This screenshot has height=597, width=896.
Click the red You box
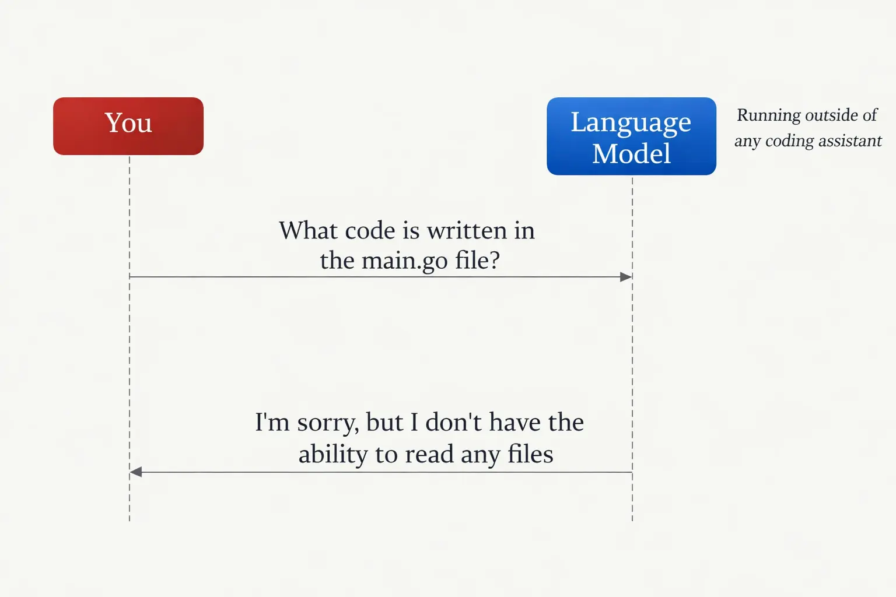pos(128,126)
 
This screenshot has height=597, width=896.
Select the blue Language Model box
pos(631,136)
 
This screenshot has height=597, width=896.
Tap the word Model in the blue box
pos(631,154)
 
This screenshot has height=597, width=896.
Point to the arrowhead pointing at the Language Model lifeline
pos(626,277)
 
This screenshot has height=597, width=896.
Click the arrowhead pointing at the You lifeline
pos(136,472)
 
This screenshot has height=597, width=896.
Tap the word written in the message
pos(467,231)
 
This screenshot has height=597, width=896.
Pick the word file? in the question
pos(477,261)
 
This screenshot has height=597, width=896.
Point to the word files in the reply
pos(530,454)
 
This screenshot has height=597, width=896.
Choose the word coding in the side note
pos(789,141)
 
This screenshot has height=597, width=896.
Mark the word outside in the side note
pos(831,115)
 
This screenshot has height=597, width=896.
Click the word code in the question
pos(370,231)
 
